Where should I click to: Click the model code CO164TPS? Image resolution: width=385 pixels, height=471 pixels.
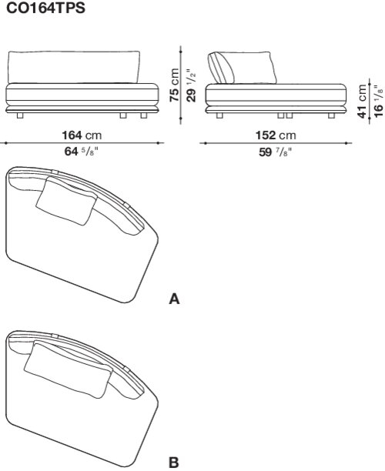coord(45,8)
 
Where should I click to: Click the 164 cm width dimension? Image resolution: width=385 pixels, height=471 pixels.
coord(82,135)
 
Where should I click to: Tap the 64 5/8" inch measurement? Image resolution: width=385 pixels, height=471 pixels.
coord(81,151)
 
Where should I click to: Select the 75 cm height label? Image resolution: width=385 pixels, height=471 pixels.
coord(174,85)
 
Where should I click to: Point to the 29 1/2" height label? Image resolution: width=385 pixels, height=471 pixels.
coord(191,85)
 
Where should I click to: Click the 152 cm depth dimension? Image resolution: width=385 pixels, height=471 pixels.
coord(276,135)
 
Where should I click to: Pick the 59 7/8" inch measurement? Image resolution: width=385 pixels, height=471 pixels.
coord(276,152)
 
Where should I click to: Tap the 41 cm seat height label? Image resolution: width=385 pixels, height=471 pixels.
coord(362,102)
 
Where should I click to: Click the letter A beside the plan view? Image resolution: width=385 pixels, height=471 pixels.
coord(174,299)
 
